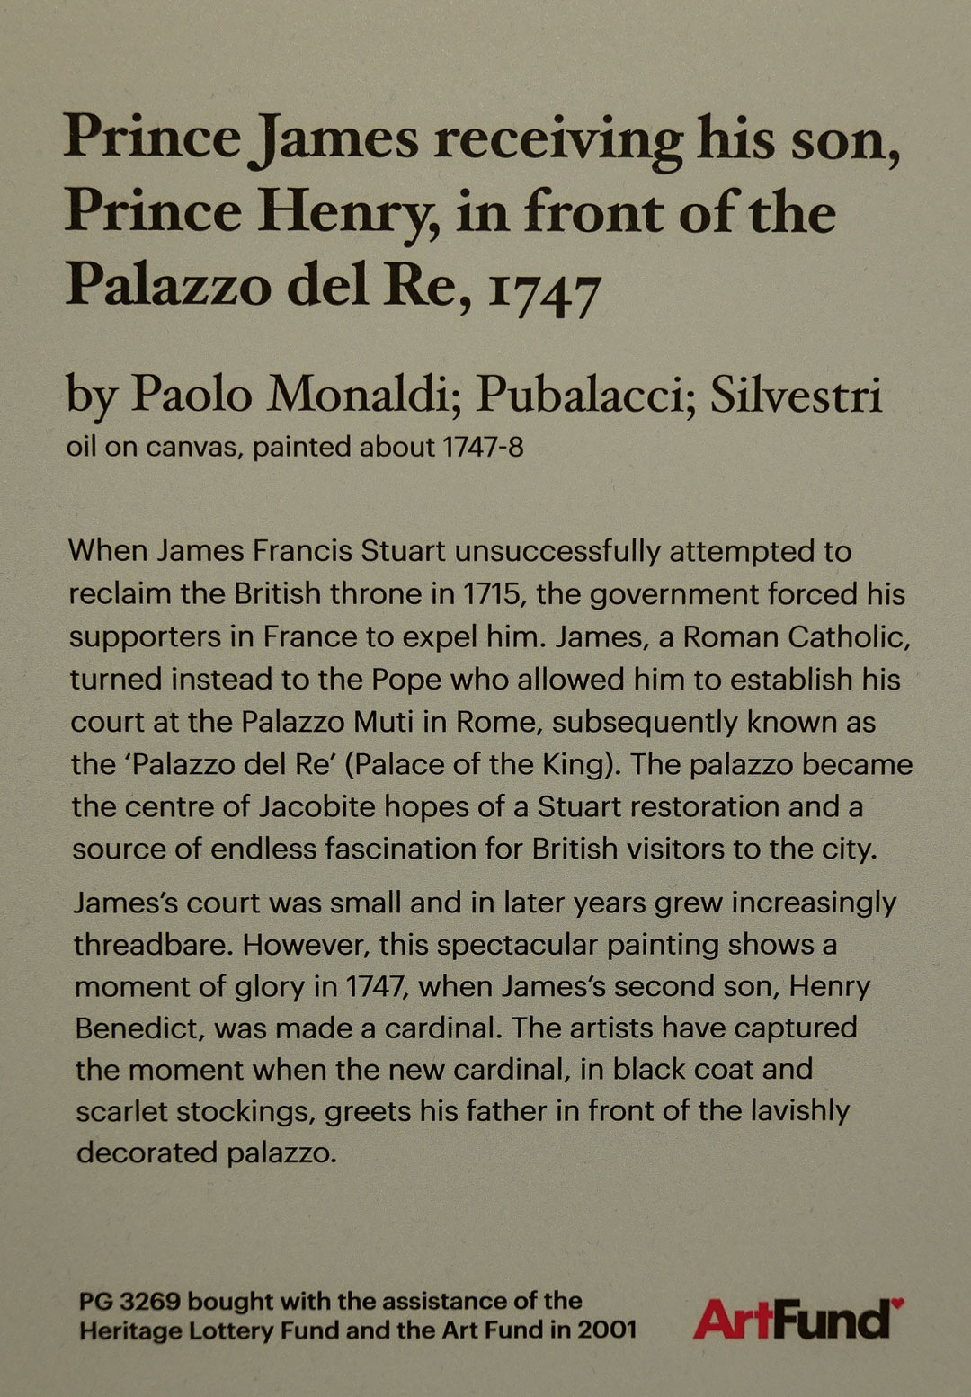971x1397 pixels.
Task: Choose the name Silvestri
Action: [796, 395]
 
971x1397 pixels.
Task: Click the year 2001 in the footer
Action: [606, 1330]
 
